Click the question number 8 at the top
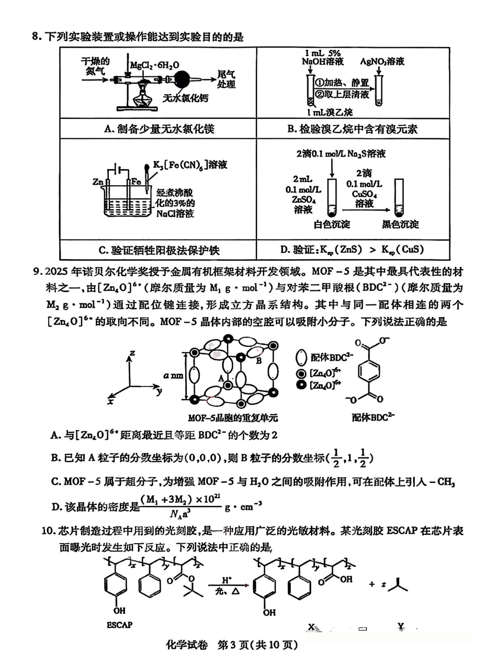(36, 37)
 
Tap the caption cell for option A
(158, 129)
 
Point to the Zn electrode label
(97, 182)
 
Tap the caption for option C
(158, 250)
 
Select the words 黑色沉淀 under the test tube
(400, 224)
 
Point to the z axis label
(132, 353)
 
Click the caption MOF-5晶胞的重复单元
(232, 418)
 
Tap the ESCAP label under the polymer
(120, 624)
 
